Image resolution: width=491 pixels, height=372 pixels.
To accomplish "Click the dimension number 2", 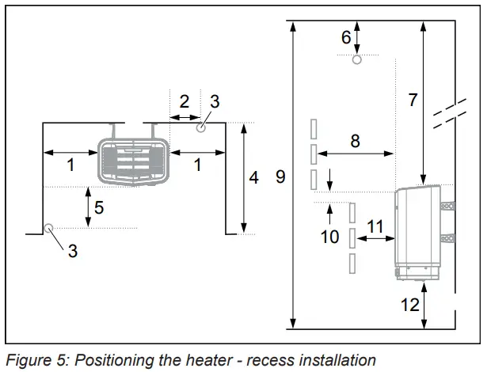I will [x=185, y=101].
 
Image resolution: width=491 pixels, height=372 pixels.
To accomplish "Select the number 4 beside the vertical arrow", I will [x=253, y=177].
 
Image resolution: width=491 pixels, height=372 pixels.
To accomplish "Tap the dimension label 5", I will [x=99, y=208].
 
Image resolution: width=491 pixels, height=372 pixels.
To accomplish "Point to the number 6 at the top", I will [x=346, y=36].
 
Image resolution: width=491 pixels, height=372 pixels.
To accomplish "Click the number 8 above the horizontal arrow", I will [x=355, y=140].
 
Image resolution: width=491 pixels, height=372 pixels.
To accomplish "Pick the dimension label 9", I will [x=280, y=177].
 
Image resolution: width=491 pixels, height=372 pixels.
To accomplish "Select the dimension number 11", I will [x=375, y=226].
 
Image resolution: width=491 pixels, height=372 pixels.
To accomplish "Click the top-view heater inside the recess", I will [x=132, y=162].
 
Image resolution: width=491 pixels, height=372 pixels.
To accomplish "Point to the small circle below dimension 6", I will [x=357, y=59].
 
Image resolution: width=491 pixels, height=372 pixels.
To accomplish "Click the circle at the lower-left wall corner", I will [x=49, y=229].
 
